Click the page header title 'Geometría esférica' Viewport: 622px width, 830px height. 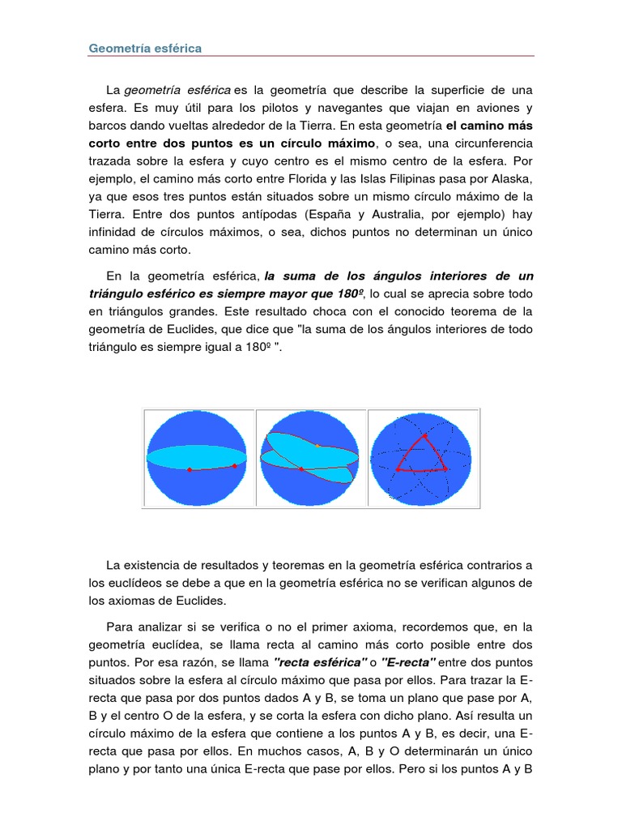(145, 48)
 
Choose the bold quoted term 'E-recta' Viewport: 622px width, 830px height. (398, 661)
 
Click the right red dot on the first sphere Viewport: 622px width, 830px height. (234, 465)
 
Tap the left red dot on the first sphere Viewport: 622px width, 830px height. (190, 470)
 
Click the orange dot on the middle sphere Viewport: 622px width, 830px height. (317, 445)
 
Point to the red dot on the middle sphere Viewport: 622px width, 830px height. (301, 469)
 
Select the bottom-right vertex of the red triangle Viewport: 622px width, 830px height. (444, 469)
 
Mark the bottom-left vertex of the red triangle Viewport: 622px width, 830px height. (398, 468)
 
